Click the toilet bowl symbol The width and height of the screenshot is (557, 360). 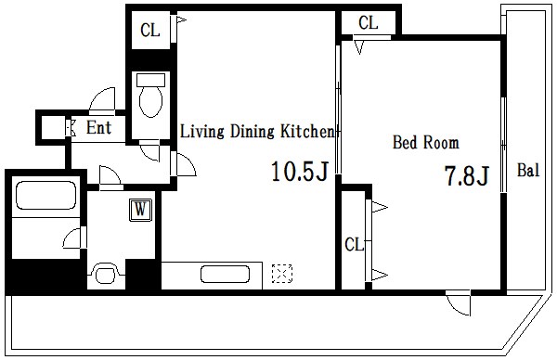tap(151, 101)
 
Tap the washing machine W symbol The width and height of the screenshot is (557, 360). tap(140, 210)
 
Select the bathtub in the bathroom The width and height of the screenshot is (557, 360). tap(46, 195)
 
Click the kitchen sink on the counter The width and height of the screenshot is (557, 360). tap(225, 275)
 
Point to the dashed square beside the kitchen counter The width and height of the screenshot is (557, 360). tap(282, 274)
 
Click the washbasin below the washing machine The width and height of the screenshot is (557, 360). tap(106, 274)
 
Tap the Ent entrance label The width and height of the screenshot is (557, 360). tap(98, 127)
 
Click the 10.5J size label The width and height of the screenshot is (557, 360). tap(299, 172)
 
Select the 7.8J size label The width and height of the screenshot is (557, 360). tap(467, 175)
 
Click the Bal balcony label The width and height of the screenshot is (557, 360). tap(528, 170)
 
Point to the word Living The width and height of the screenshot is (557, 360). tap(202, 132)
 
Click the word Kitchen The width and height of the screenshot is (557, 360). tap(307, 131)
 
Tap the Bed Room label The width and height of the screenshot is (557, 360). tap(425, 142)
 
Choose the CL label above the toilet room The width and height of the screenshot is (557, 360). tap(149, 31)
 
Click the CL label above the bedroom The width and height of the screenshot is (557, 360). tap(368, 22)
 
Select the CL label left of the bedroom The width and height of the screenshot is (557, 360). tap(355, 245)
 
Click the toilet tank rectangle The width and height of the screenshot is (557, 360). tap(151, 80)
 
